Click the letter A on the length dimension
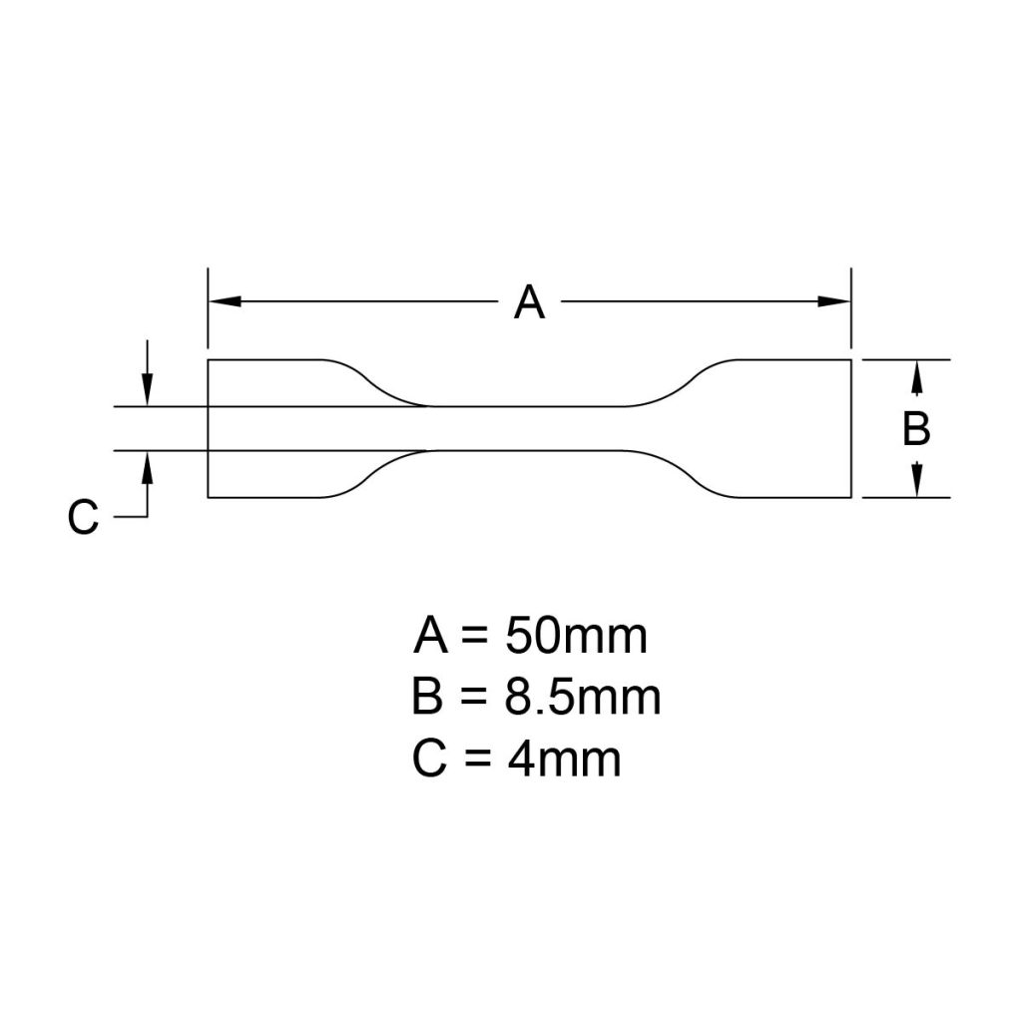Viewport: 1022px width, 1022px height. point(529,301)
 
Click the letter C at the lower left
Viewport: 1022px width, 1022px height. point(84,518)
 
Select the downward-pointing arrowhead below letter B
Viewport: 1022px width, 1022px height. point(917,482)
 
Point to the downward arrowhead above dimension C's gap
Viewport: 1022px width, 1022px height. point(148,391)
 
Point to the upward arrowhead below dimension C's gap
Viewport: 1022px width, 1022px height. point(148,466)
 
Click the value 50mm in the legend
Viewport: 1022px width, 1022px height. point(576,636)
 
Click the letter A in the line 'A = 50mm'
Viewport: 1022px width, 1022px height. point(430,636)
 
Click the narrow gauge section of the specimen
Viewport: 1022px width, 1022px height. point(529,428)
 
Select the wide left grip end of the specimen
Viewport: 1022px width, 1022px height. point(264,428)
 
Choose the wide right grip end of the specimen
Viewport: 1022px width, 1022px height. point(793,428)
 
